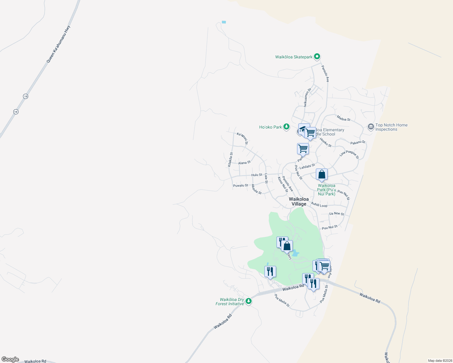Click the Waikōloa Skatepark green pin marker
pyautogui.click(x=317, y=57)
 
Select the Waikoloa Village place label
pyautogui.click(x=299, y=201)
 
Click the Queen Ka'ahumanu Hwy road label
pyautogui.click(x=58, y=44)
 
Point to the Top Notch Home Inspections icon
pyautogui.click(x=371, y=127)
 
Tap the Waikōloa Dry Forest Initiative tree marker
pyautogui.click(x=249, y=301)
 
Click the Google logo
pyautogui.click(x=10, y=359)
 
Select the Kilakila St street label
pyautogui.click(x=230, y=160)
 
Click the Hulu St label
pyautogui.click(x=257, y=175)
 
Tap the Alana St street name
pyautogui.click(x=244, y=163)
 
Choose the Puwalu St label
pyautogui.click(x=240, y=185)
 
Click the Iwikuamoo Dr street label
pyautogui.click(x=307, y=97)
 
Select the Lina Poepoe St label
pyautogui.click(x=349, y=155)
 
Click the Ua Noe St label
pyautogui.click(x=336, y=214)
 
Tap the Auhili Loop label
pyautogui.click(x=319, y=205)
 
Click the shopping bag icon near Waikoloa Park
pyautogui.click(x=322, y=175)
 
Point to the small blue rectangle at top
pyautogui.click(x=224, y=22)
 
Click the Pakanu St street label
pyautogui.click(x=358, y=142)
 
